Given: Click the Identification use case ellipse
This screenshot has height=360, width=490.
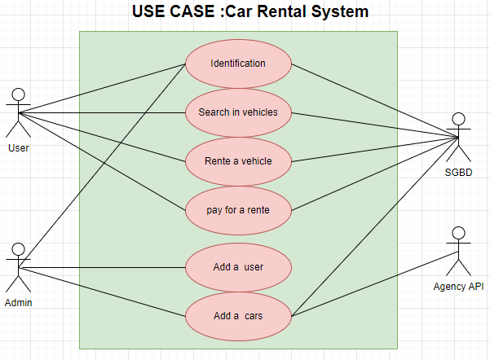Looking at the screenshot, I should point(238,64).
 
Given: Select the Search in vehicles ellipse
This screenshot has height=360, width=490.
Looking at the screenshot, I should point(238,112).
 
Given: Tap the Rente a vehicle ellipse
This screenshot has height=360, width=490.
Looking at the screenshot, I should point(238,160).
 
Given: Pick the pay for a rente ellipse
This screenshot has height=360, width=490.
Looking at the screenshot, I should point(238,209).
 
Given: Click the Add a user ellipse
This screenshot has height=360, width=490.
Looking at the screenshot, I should point(238,266).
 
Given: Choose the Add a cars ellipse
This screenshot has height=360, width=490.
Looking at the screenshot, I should point(238,315).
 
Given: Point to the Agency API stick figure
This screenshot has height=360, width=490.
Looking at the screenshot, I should point(458,249).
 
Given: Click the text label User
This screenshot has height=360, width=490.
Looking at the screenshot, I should point(18,147).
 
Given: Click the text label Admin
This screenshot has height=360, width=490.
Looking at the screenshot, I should point(18,302).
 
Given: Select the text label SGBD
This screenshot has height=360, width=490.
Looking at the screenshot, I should point(458,173).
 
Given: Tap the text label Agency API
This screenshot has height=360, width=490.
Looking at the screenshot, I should point(458,286).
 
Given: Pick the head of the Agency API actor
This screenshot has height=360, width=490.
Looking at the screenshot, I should point(458,232).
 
